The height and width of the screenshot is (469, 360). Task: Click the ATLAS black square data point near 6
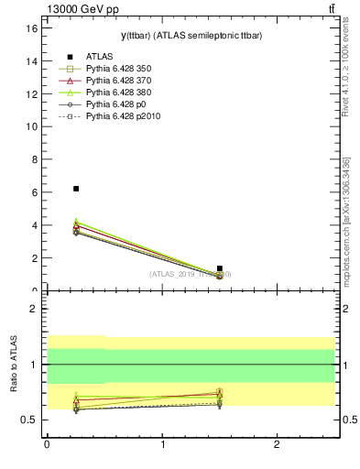76,189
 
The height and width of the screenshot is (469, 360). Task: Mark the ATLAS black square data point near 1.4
220,268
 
